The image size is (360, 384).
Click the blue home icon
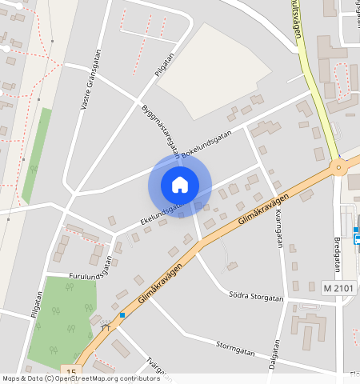[x=180, y=185]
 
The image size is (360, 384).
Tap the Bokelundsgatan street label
[x=206, y=143]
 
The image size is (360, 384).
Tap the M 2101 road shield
[x=339, y=287]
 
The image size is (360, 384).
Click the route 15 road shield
[x=72, y=372]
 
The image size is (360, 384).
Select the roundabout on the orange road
[x=339, y=167]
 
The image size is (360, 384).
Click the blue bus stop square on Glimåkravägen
[x=122, y=315]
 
